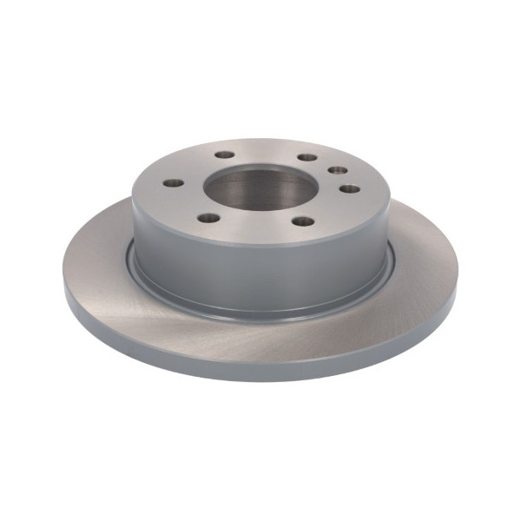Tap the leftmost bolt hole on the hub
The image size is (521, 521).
(x=173, y=183)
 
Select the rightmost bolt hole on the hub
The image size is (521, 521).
(x=348, y=188)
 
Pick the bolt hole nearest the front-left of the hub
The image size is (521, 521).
(x=208, y=217)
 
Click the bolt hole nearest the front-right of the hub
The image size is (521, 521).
(x=302, y=221)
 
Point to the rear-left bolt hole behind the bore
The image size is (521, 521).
(x=225, y=155)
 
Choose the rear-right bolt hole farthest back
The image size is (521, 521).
(x=307, y=157)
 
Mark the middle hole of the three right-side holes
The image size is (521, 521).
(x=338, y=171)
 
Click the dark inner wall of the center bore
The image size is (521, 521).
(x=252, y=178)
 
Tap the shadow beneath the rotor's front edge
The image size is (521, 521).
(x=260, y=384)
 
